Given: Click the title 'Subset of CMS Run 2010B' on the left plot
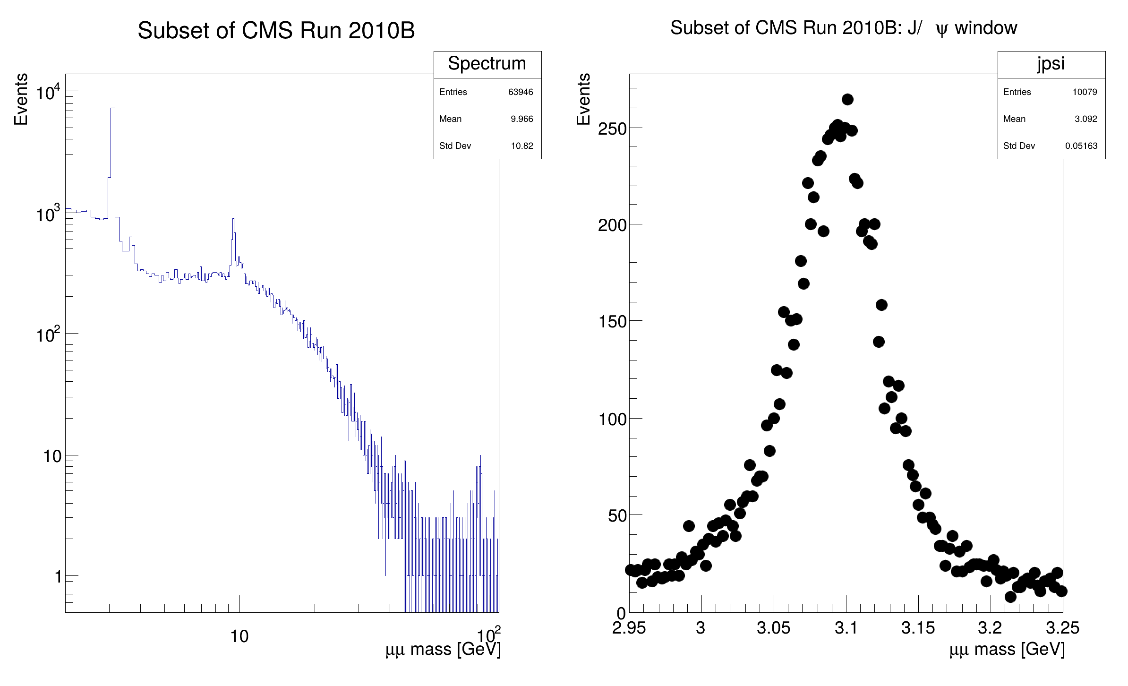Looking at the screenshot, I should pyautogui.click(x=276, y=31).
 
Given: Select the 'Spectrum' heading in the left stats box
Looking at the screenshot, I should pyautogui.click(x=487, y=64).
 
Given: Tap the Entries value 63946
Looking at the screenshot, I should pyautogui.click(x=521, y=92).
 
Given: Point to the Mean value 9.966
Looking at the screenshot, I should pyautogui.click(x=522, y=119).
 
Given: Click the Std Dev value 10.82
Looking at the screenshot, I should pyautogui.click(x=522, y=146).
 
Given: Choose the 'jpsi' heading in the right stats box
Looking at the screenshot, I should pyautogui.click(x=1051, y=64).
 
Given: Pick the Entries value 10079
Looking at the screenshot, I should pyautogui.click(x=1085, y=92).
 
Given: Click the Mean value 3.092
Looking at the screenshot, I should pyautogui.click(x=1086, y=119).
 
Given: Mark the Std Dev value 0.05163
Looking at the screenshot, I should pyautogui.click(x=1081, y=146).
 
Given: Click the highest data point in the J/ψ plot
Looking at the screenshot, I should pyautogui.click(x=847, y=99).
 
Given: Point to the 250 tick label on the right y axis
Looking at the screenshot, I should pyautogui.click(x=612, y=129).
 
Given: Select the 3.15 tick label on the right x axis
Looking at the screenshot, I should pyautogui.click(x=918, y=628).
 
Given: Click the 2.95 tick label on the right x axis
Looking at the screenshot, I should pyautogui.click(x=629, y=628).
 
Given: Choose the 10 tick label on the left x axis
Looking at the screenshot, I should pyautogui.click(x=239, y=636).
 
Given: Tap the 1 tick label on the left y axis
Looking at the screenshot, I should pyautogui.click(x=58, y=577).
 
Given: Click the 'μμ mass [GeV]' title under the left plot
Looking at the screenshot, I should pyautogui.click(x=443, y=650).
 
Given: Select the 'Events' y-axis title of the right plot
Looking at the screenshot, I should pyautogui.click(x=584, y=99).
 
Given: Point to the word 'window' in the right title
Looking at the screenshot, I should pyautogui.click(x=986, y=28).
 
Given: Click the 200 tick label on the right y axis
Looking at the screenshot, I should pyautogui.click(x=612, y=225).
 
